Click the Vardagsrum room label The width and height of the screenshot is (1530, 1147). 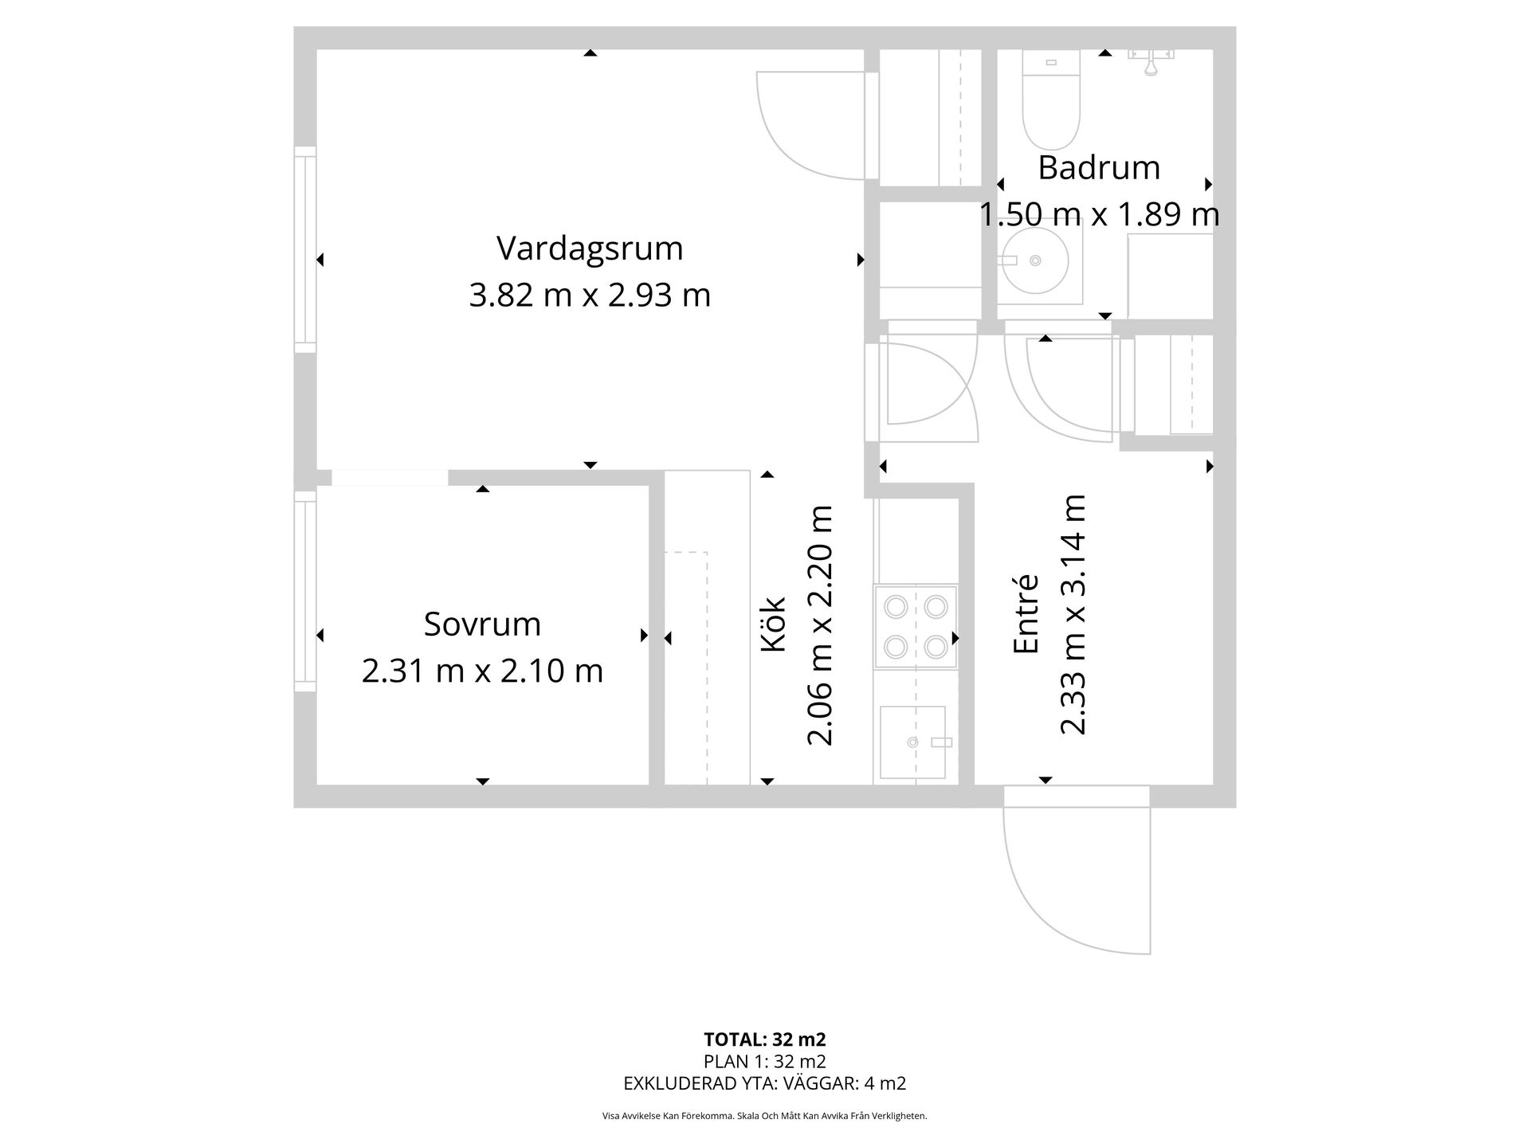590,249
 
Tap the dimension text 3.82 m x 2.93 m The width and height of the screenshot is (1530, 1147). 590,296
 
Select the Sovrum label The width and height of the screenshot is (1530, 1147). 482,624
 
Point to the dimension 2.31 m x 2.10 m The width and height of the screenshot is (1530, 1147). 482,671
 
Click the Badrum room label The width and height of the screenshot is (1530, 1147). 1099,168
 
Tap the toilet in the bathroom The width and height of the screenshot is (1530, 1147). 1051,104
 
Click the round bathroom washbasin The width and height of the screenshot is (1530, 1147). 1035,260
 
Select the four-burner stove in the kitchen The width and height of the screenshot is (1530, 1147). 916,627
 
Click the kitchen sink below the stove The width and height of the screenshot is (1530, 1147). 912,742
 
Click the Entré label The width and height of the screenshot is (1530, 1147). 1026,614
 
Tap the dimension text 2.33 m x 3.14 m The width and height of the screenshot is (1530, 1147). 1073,614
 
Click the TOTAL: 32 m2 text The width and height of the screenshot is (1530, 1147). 764,1039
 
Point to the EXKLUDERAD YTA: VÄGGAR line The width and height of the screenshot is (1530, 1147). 764,1083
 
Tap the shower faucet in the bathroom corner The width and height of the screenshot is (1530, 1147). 1151,61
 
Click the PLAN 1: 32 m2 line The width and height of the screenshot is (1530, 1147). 764,1062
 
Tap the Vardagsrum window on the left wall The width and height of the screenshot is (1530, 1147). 305,249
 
